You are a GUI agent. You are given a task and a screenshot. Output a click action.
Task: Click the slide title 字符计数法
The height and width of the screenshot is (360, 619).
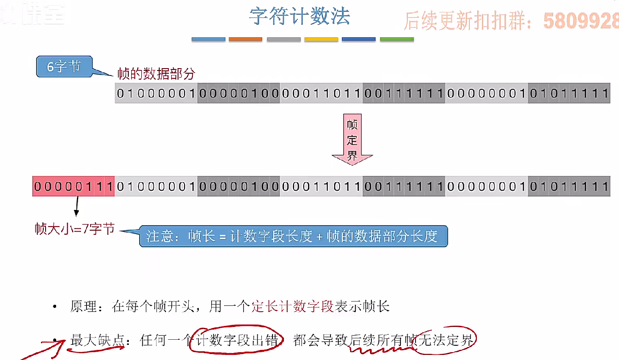coord(299,16)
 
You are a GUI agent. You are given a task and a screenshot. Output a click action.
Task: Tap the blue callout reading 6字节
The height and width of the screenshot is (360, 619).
coord(64,67)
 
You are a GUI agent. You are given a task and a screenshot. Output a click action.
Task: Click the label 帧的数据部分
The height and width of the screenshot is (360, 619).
coord(156,73)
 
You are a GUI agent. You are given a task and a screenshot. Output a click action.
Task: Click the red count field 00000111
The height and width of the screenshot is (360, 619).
coord(73,186)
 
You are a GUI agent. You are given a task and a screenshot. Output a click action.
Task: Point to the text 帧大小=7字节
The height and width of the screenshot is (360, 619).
coord(75,229)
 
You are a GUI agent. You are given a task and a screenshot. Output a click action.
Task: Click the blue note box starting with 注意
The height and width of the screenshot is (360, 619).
coord(293,236)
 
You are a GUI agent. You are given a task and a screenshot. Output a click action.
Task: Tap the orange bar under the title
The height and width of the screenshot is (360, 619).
coord(245,40)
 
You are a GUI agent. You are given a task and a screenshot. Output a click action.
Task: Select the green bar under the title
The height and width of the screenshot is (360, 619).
coord(397,40)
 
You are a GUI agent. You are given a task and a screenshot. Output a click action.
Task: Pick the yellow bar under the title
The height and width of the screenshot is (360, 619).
coord(321,40)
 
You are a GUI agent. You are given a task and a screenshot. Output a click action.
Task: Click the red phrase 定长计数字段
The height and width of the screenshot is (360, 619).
coord(293,307)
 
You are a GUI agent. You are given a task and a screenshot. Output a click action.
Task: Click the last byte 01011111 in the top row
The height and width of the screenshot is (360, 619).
coord(569,93)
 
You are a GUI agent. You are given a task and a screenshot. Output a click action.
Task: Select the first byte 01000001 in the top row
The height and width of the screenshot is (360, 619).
coord(156,93)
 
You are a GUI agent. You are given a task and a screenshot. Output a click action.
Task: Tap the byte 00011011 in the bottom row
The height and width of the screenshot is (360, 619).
coord(321,186)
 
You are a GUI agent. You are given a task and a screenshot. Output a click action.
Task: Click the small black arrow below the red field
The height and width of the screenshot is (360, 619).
coord(76,207)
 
